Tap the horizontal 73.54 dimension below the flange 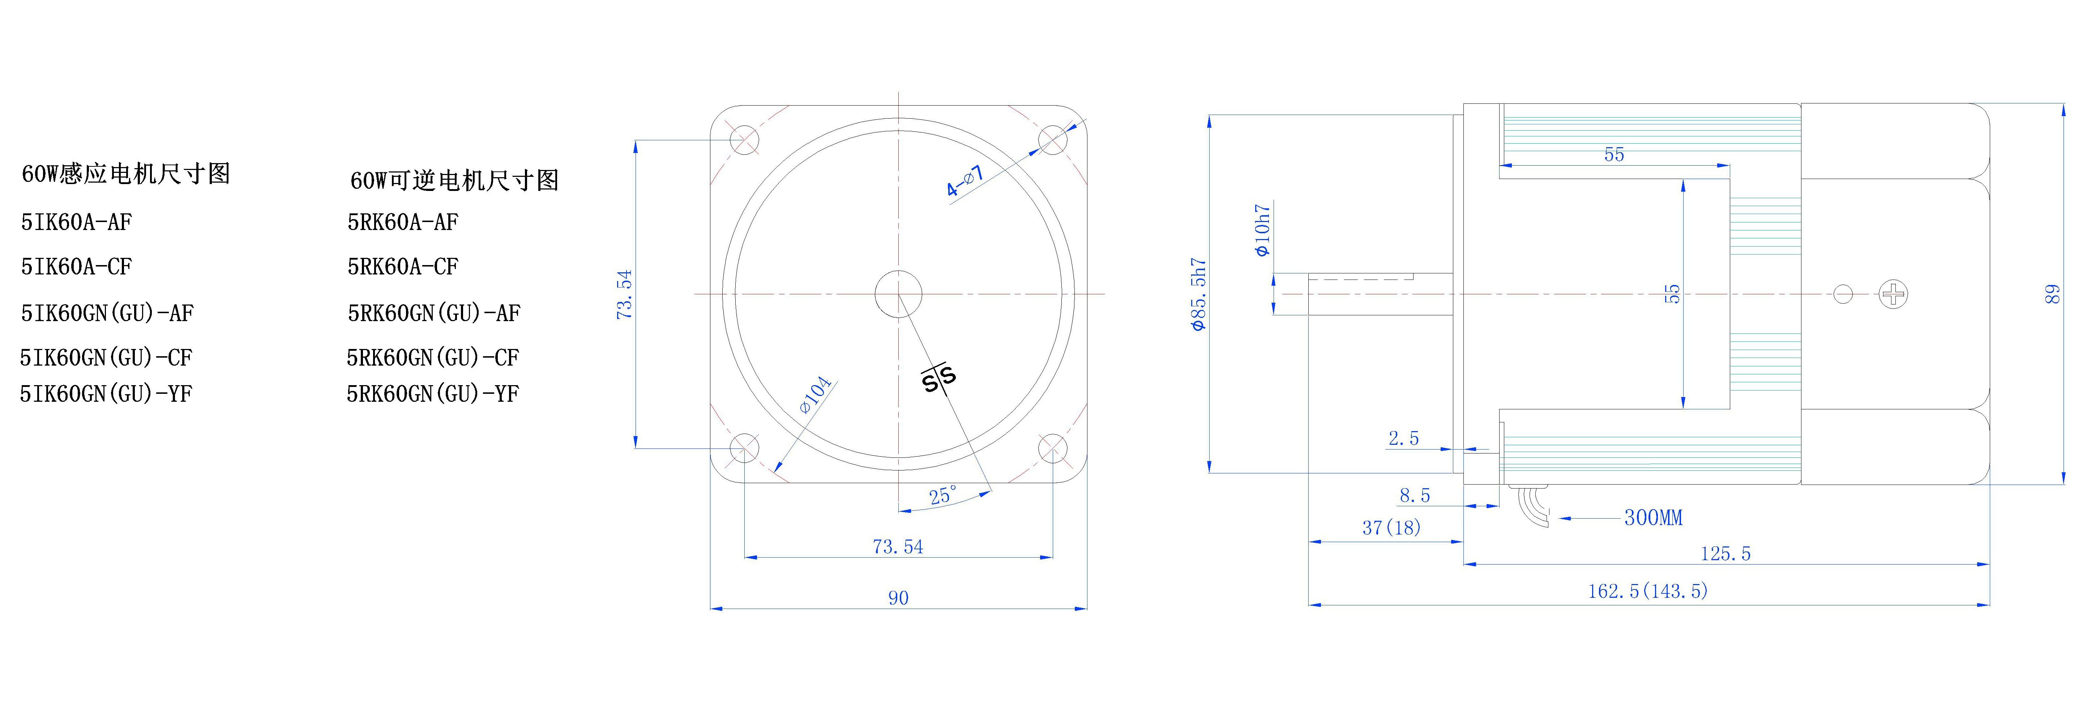898,547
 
